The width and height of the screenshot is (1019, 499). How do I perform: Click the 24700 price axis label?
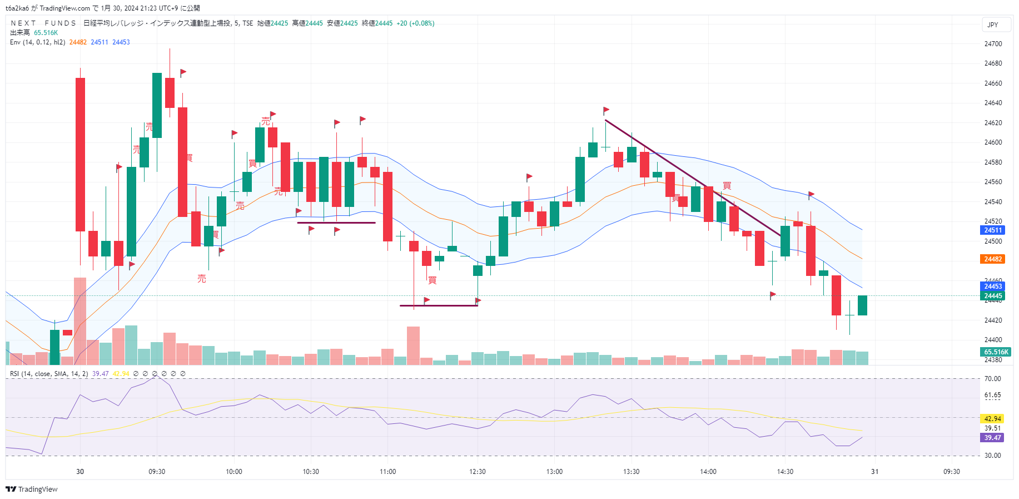[x=993, y=44]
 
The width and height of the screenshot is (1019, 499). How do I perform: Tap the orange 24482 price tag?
[x=993, y=259]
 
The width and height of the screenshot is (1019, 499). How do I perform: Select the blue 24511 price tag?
[x=993, y=230]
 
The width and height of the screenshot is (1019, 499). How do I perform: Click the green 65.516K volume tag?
[x=996, y=352]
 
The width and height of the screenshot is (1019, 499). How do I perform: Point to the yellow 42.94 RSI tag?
[x=992, y=419]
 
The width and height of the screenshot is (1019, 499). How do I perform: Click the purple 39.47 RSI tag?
[x=992, y=438]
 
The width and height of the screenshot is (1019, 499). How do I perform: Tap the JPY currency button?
[x=993, y=25]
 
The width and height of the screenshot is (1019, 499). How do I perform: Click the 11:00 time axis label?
[x=387, y=472]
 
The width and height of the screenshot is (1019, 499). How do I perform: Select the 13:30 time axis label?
[x=631, y=472]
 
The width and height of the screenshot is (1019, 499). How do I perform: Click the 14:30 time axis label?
[x=785, y=472]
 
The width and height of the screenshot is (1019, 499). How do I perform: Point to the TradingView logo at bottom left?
[x=32, y=490]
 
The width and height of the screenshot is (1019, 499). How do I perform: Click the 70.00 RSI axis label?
[x=992, y=379]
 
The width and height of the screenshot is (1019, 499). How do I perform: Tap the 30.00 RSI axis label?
[x=992, y=456]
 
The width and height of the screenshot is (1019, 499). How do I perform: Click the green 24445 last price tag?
[x=993, y=296]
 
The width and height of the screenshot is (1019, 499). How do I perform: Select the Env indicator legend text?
[x=37, y=42]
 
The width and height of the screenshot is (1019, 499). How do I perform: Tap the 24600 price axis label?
[x=993, y=142]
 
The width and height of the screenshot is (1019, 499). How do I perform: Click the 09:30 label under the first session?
[x=157, y=472]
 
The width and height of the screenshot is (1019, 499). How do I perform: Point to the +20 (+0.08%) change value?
[x=415, y=23]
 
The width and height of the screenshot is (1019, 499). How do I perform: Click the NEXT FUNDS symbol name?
[x=43, y=23]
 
